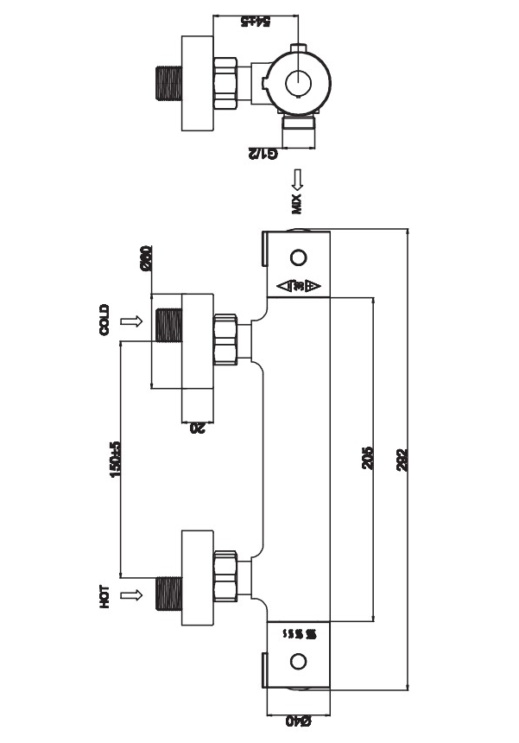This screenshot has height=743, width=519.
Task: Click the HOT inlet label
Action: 104,596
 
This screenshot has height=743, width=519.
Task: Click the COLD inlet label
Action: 104,321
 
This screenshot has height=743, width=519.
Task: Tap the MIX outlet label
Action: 296,204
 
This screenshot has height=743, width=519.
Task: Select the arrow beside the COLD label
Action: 131,321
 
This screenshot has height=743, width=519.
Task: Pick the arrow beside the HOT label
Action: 131,594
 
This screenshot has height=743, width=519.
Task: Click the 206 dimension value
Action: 366,459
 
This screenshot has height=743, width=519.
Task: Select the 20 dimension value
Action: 196,425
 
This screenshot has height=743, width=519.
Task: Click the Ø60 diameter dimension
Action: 146,257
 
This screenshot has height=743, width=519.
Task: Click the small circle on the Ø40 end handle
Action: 299,662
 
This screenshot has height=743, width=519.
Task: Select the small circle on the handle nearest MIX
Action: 299,257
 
